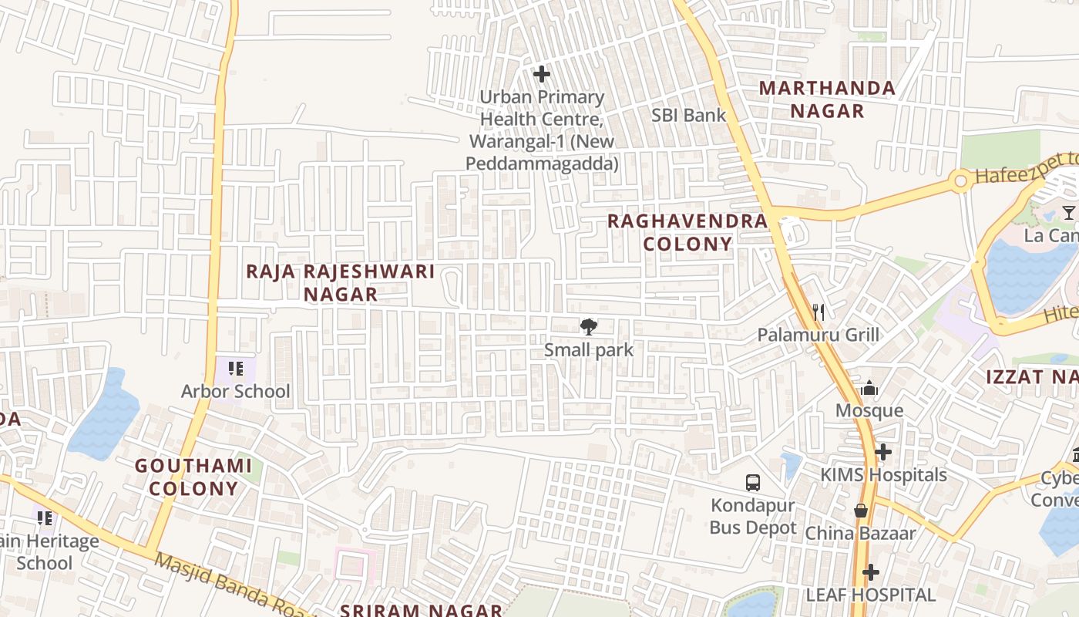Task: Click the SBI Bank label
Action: click(x=688, y=116)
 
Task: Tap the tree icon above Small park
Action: click(x=589, y=327)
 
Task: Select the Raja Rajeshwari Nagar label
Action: click(x=341, y=283)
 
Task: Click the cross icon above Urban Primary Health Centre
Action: click(x=542, y=74)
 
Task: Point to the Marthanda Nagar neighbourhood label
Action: click(x=827, y=99)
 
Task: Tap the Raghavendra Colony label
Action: click(x=687, y=232)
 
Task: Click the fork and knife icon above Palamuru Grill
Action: click(x=818, y=312)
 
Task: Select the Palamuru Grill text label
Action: click(x=818, y=335)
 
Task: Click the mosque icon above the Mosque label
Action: click(x=869, y=388)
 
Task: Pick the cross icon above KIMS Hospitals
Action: click(x=883, y=452)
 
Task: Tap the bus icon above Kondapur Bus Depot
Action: click(x=753, y=483)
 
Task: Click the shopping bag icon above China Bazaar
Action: click(x=861, y=511)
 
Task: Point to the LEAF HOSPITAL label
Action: click(x=871, y=595)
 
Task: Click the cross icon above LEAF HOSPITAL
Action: click(x=871, y=572)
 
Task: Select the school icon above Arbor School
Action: click(x=236, y=369)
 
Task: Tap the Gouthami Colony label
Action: click(x=193, y=477)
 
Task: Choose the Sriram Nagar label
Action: click(x=421, y=610)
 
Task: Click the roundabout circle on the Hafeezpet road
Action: click(x=960, y=182)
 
